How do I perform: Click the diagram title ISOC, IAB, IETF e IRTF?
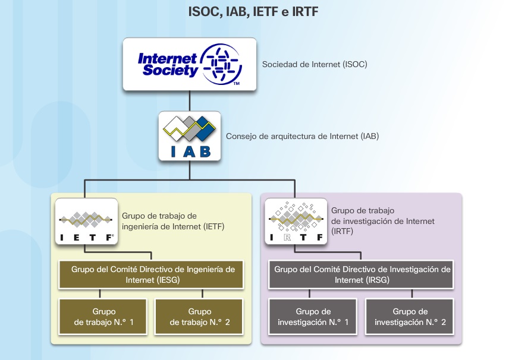(x=253, y=12)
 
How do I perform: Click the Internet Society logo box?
(x=189, y=64)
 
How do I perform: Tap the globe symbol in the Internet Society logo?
(x=221, y=64)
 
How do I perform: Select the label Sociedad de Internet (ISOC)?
(x=315, y=64)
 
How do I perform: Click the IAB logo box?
(x=189, y=136)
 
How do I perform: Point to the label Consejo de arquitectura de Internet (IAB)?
(x=302, y=136)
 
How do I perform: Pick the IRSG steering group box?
(x=362, y=274)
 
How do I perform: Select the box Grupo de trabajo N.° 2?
(x=199, y=317)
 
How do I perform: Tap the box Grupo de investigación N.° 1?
(x=313, y=317)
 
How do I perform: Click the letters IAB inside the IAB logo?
(x=189, y=151)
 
